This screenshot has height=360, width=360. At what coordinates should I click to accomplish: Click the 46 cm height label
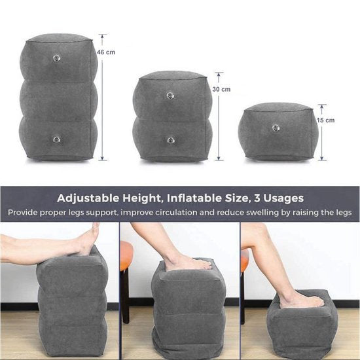click(107, 52)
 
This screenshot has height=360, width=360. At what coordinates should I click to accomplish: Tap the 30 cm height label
click(221, 89)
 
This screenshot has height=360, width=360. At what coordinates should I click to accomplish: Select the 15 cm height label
click(326, 120)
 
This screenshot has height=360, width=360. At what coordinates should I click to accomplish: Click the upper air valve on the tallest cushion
click(57, 58)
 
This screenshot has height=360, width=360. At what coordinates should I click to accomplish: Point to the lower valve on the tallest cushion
click(57, 138)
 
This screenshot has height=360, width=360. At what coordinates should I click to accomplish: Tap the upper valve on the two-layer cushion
click(170, 96)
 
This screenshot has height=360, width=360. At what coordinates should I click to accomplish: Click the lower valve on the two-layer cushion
click(170, 139)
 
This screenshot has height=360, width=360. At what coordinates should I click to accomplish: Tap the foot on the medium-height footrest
click(189, 263)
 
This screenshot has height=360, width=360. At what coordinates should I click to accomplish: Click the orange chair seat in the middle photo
click(126, 255)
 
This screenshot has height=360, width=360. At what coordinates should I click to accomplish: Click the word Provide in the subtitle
click(26, 213)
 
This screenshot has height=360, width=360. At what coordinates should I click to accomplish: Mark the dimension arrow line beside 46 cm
click(102, 98)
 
